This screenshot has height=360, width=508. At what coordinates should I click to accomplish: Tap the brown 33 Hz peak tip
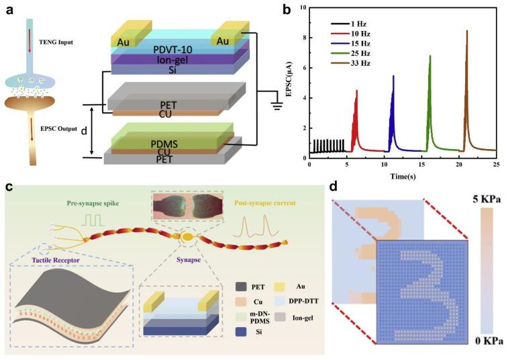[x=466, y=30]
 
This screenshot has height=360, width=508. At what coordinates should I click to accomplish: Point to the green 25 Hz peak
[x=429, y=56]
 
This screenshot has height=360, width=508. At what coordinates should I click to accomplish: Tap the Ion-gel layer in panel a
[x=176, y=58]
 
